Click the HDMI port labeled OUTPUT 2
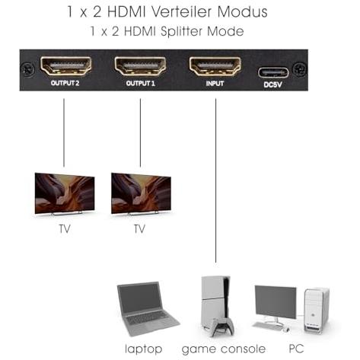[x=65, y=66]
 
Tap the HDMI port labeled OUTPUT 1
[x=140, y=66]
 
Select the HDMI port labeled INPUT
[x=215, y=66]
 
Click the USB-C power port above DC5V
[x=273, y=72]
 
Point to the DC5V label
[x=272, y=84]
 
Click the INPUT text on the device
[x=215, y=84]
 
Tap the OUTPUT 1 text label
[x=140, y=83]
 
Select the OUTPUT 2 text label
[x=65, y=83]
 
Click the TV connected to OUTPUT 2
[x=65, y=194]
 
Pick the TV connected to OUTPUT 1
[x=141, y=194]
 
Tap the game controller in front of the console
[x=222, y=327]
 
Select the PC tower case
[x=317, y=311]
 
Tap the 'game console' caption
[x=224, y=349]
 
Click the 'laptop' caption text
[x=144, y=349]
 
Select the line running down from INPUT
[x=216, y=180]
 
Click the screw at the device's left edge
[x=27, y=69]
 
